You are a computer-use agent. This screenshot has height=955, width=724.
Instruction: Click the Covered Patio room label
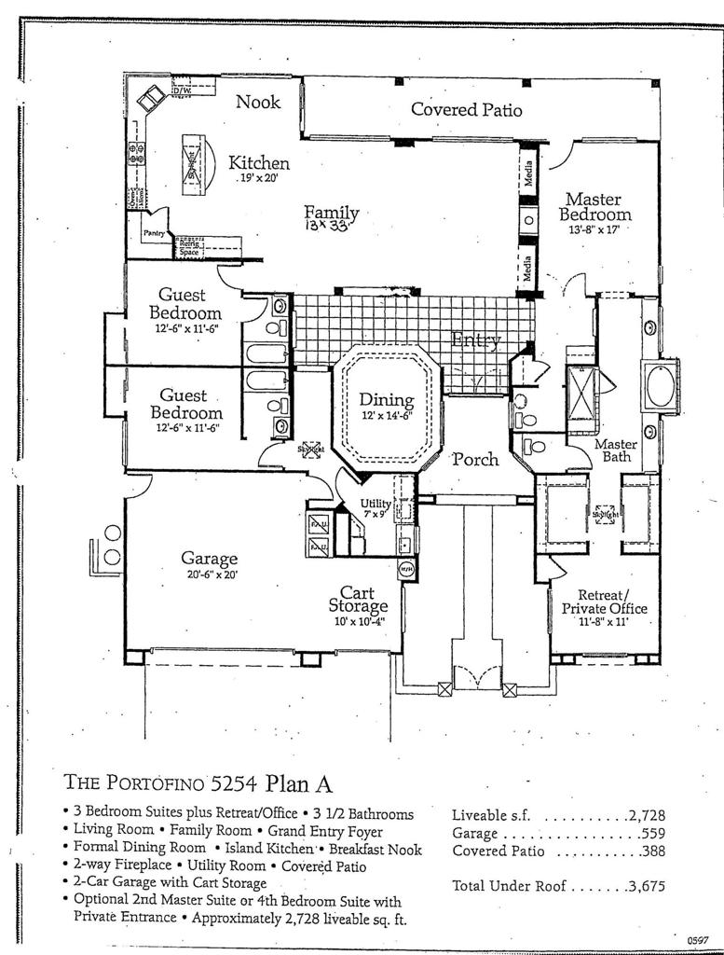466,109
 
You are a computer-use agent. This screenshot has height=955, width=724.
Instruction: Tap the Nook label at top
258,102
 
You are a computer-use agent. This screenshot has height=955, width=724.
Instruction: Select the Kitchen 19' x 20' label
259,168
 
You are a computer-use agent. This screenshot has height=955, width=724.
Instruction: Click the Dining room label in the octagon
386,406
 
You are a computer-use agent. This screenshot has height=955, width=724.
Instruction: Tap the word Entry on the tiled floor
475,340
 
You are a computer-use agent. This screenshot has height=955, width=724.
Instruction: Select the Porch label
475,459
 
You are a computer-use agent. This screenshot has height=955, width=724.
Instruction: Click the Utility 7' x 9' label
376,508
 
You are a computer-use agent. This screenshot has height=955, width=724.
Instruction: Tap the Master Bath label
615,450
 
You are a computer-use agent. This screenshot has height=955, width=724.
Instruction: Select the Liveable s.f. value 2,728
646,815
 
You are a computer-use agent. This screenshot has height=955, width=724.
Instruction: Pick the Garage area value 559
652,833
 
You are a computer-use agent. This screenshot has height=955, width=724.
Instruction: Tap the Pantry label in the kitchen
153,232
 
